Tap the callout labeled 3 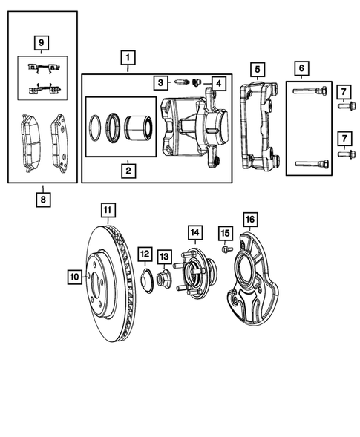(160, 82)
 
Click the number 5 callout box (256, 70)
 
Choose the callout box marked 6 (302, 69)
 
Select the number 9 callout (42, 42)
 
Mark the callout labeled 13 (163, 256)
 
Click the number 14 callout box (194, 232)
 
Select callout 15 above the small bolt (225, 233)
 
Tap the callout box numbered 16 (250, 219)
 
